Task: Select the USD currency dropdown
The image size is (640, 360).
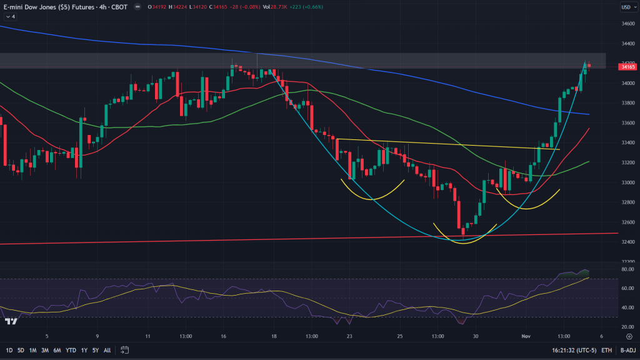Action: [626, 7]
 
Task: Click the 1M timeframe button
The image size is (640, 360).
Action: [32, 350]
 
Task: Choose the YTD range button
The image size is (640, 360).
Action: [71, 350]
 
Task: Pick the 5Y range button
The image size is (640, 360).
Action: [95, 350]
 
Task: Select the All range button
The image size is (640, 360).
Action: [107, 350]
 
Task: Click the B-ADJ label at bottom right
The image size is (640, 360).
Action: [627, 350]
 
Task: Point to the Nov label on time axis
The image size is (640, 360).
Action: [526, 336]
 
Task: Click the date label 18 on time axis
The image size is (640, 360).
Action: [274, 336]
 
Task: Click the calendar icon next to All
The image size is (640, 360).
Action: [124, 350]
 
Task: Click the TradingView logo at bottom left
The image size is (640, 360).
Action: [11, 321]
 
